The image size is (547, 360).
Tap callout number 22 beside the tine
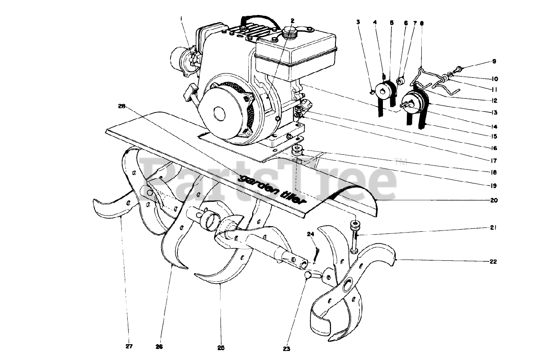click(x=494, y=262)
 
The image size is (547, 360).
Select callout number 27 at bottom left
click(x=129, y=346)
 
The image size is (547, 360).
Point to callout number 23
click(x=286, y=349)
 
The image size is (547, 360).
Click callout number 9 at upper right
click(x=494, y=62)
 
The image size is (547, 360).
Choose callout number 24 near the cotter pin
click(x=310, y=234)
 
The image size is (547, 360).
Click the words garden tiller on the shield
click(x=274, y=189)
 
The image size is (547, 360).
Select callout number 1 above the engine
click(x=182, y=18)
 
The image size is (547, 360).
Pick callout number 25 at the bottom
click(x=221, y=347)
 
